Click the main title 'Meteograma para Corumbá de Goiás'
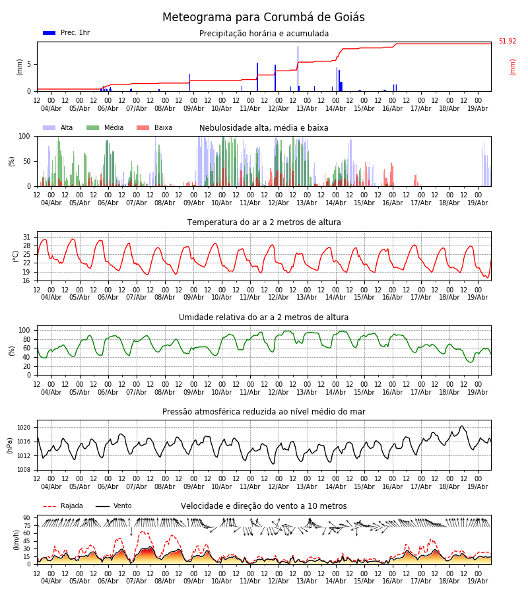click(x=263, y=17)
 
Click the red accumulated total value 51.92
click(x=508, y=42)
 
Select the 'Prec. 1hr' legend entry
click(x=66, y=33)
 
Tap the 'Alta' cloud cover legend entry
click(x=57, y=127)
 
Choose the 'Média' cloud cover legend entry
click(x=105, y=127)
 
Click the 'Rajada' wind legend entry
click(x=63, y=506)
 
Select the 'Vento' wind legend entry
click(x=114, y=506)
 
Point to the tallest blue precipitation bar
click(x=298, y=69)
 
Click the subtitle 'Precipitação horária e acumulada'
click(x=264, y=34)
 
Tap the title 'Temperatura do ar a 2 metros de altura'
click(x=264, y=222)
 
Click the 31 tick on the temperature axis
click(x=26, y=237)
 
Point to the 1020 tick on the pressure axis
click(x=24, y=428)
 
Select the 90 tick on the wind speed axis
click(x=26, y=518)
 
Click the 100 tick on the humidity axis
click(x=24, y=331)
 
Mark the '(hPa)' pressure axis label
click(x=10, y=445)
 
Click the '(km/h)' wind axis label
click(x=16, y=540)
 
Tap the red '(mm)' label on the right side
click(x=512, y=67)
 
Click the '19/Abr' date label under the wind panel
click(x=478, y=581)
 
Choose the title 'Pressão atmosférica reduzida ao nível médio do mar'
click(x=264, y=412)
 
